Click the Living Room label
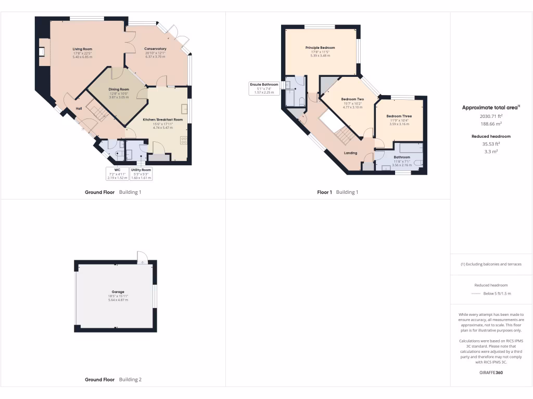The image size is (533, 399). [x=82, y=49]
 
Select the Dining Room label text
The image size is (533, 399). [x=119, y=89]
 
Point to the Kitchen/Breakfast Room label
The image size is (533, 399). [x=163, y=120]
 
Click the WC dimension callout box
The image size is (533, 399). [x=117, y=174]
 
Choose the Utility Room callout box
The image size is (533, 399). [x=141, y=174]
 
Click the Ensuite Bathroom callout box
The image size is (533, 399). [x=264, y=88]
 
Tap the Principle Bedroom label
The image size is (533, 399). [x=320, y=48]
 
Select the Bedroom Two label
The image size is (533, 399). [x=352, y=99]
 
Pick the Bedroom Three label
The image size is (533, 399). [x=399, y=116]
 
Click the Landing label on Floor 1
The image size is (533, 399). [x=351, y=153]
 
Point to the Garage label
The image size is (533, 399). [x=118, y=292]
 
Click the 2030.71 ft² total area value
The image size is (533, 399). [x=491, y=117]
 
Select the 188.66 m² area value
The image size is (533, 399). [x=491, y=124]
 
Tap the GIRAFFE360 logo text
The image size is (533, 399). [x=491, y=373]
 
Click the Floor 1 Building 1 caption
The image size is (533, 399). [x=338, y=192]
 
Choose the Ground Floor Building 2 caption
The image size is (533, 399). [x=113, y=380]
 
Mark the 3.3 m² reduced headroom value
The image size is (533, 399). [x=491, y=151]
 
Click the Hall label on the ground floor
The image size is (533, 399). [x=79, y=108]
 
